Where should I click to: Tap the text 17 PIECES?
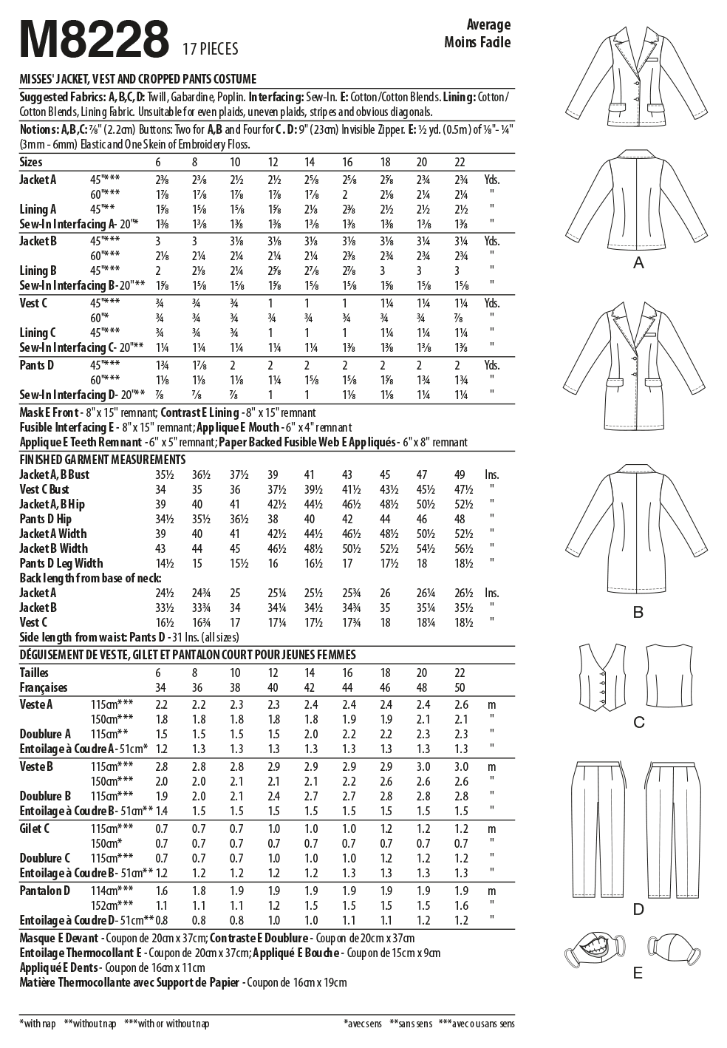210,49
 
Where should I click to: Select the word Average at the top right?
488,24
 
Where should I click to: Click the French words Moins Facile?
477,41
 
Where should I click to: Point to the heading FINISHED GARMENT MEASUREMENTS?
102,460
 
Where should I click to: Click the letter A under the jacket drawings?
638,263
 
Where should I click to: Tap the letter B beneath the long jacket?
638,612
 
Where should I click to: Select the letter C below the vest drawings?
639,722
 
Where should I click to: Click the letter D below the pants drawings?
638,909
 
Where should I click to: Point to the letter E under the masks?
638,973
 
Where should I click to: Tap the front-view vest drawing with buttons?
603,678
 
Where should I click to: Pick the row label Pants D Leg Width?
61,563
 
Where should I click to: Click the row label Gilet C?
34,828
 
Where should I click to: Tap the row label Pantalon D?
44,891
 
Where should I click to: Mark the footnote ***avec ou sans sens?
476,1024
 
